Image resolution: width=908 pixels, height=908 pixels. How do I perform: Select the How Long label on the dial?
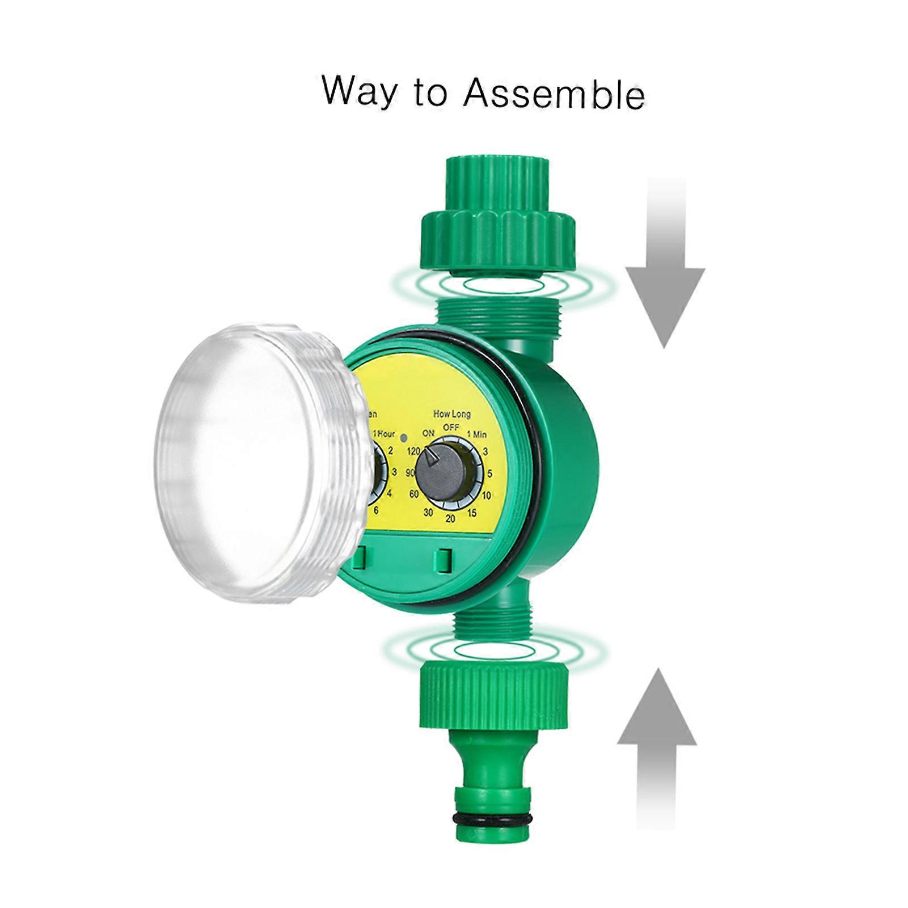[452, 414]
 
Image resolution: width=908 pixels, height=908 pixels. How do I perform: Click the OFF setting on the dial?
[451, 427]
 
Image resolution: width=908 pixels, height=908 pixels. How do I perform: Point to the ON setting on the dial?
[428, 433]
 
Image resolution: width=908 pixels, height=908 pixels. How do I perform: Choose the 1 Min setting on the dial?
[476, 435]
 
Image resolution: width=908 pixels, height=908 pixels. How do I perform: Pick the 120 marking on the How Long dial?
[413, 451]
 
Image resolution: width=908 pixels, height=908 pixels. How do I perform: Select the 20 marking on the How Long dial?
[450, 518]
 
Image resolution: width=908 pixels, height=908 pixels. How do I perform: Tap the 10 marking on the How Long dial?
[486, 496]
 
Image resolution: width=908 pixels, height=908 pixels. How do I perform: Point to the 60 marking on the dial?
[414, 494]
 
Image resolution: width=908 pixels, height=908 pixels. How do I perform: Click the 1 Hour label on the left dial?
[383, 434]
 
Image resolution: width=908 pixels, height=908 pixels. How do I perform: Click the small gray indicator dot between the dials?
[404, 438]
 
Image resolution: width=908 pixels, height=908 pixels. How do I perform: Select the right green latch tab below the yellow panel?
[443, 560]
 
